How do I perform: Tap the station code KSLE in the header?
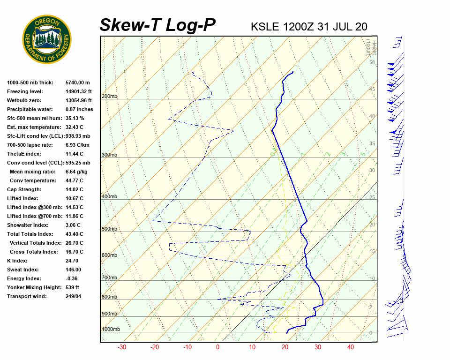tap(265, 27)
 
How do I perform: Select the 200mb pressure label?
tap(109, 97)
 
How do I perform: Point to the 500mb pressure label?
tap(109, 229)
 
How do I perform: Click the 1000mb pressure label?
tap(111, 330)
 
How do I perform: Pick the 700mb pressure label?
tap(109, 278)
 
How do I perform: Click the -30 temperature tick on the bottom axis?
tap(122, 347)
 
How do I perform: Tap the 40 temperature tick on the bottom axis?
tap(351, 347)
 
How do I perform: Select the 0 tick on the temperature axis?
tap(217, 347)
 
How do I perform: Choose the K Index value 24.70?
tap(72, 261)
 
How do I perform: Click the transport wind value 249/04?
tap(74, 296)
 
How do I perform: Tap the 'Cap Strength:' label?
tap(24, 189)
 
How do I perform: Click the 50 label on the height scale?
tap(372, 62)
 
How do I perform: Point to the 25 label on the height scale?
tap(372, 197)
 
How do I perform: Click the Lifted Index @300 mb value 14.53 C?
tap(75, 207)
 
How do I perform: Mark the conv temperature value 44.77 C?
tap(75, 180)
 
